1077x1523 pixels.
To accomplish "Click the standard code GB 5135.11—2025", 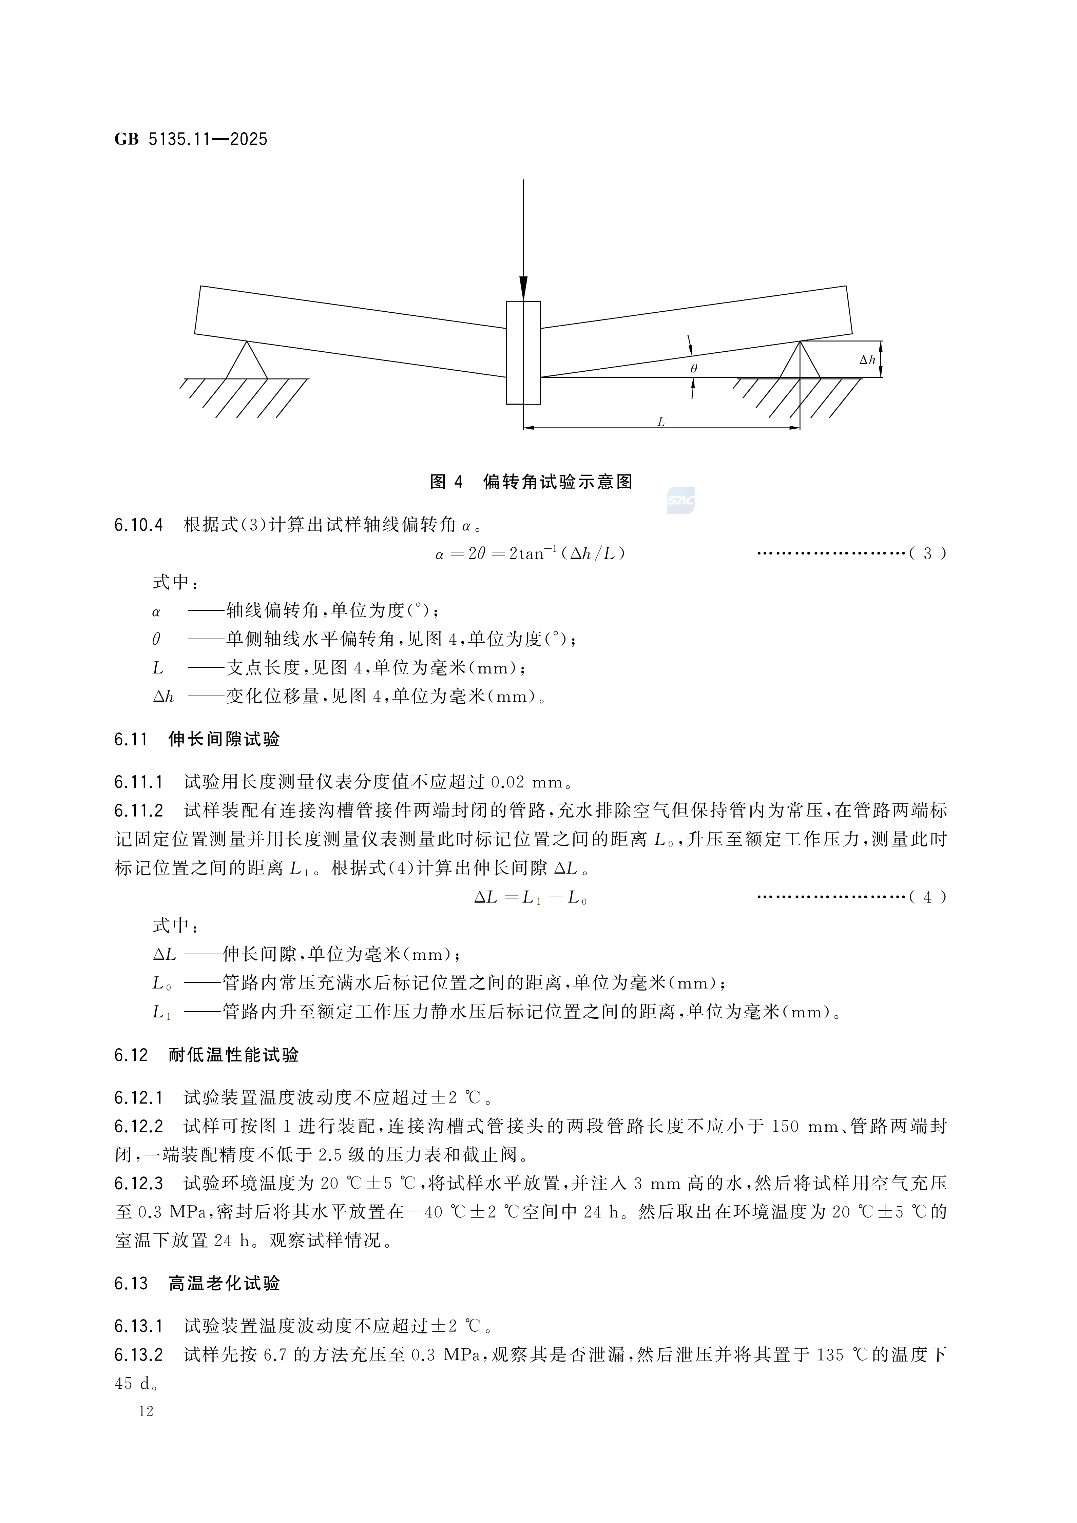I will click(x=191, y=139).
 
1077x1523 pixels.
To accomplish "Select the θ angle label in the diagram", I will click(x=693, y=369).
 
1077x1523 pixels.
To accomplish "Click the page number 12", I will click(x=146, y=1411).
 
